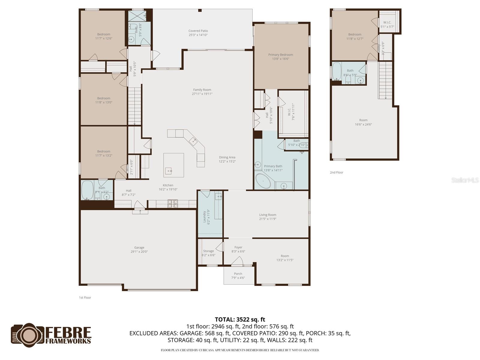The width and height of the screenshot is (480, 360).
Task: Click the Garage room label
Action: tap(139, 247)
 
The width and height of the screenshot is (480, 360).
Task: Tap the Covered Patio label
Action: tap(198, 31)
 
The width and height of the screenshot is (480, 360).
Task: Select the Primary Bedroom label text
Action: tap(280, 55)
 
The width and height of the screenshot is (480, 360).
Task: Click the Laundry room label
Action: tap(204, 217)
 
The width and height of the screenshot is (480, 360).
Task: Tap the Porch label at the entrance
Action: tap(238, 274)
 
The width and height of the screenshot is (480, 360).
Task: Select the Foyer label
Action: tap(238, 247)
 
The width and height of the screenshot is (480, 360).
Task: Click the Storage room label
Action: tap(208, 251)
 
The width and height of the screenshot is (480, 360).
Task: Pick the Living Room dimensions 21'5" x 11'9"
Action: tap(268, 219)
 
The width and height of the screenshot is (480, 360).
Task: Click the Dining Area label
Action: tap(227, 157)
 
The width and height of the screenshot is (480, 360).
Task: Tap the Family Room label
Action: tap(202, 90)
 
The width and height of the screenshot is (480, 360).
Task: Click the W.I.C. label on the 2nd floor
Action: tap(387, 22)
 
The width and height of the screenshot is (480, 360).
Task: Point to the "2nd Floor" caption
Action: tap(337, 172)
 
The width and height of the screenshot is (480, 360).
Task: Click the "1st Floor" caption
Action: tap(85, 298)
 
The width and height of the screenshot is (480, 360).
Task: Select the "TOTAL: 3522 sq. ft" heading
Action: tap(240, 319)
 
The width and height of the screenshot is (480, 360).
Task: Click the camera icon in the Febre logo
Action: tap(28, 335)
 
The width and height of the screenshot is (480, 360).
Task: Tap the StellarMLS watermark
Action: tap(465, 180)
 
